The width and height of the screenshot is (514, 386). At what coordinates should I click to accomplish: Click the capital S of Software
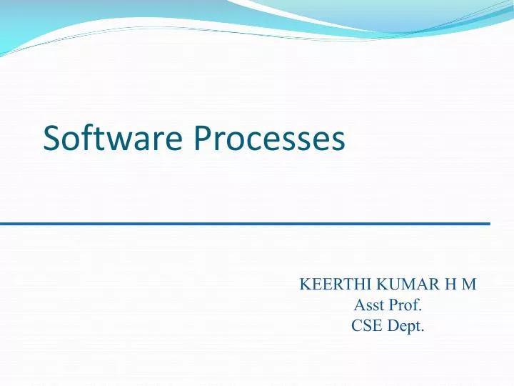tap(52, 138)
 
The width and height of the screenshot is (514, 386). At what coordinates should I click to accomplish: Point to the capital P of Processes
tap(201, 138)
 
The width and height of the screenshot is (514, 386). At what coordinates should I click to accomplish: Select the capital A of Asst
tap(360, 306)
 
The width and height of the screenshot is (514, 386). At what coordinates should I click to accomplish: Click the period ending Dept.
tap(423, 332)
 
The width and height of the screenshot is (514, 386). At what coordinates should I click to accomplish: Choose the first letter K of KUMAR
tap(381, 284)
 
